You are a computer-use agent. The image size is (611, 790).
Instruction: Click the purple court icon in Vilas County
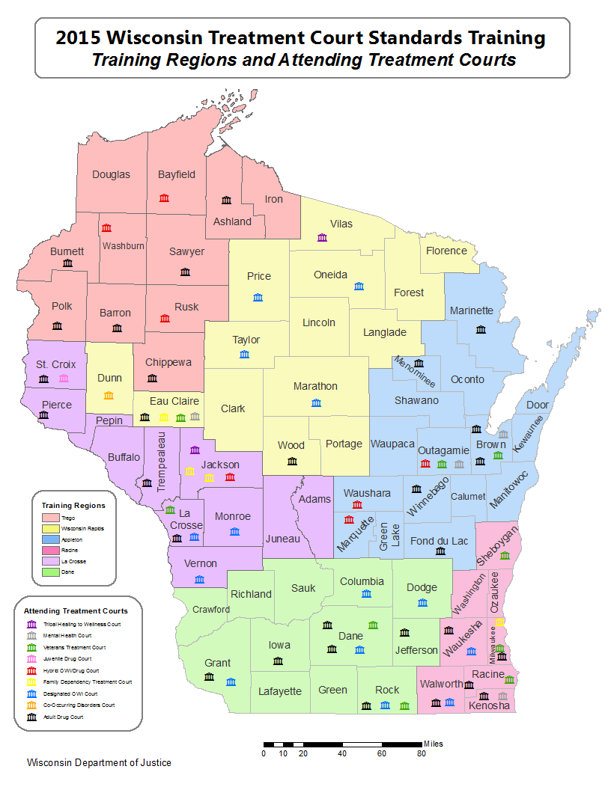(x=323, y=237)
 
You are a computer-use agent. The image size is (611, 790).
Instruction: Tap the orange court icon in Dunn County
(x=109, y=394)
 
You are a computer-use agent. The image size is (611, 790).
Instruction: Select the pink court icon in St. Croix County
(x=64, y=379)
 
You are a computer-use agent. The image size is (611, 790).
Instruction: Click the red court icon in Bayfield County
(x=164, y=197)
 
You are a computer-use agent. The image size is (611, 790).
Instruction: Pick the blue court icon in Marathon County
(x=316, y=402)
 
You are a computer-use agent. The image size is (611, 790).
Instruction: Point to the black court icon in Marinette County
(x=481, y=329)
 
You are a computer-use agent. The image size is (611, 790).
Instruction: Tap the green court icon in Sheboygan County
(x=505, y=556)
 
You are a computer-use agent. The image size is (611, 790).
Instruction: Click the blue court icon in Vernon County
(x=199, y=579)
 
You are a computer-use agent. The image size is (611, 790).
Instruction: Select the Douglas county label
(x=111, y=174)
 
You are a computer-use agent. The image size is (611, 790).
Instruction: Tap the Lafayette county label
(x=279, y=691)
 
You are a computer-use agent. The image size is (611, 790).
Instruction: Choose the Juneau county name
(x=282, y=539)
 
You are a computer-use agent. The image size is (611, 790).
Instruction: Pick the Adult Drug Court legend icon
(x=31, y=717)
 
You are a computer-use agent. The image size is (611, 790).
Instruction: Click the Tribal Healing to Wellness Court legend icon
(x=31, y=624)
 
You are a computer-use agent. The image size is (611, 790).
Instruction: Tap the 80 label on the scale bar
(x=421, y=753)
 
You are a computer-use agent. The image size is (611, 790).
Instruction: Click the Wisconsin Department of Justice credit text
(x=99, y=762)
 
